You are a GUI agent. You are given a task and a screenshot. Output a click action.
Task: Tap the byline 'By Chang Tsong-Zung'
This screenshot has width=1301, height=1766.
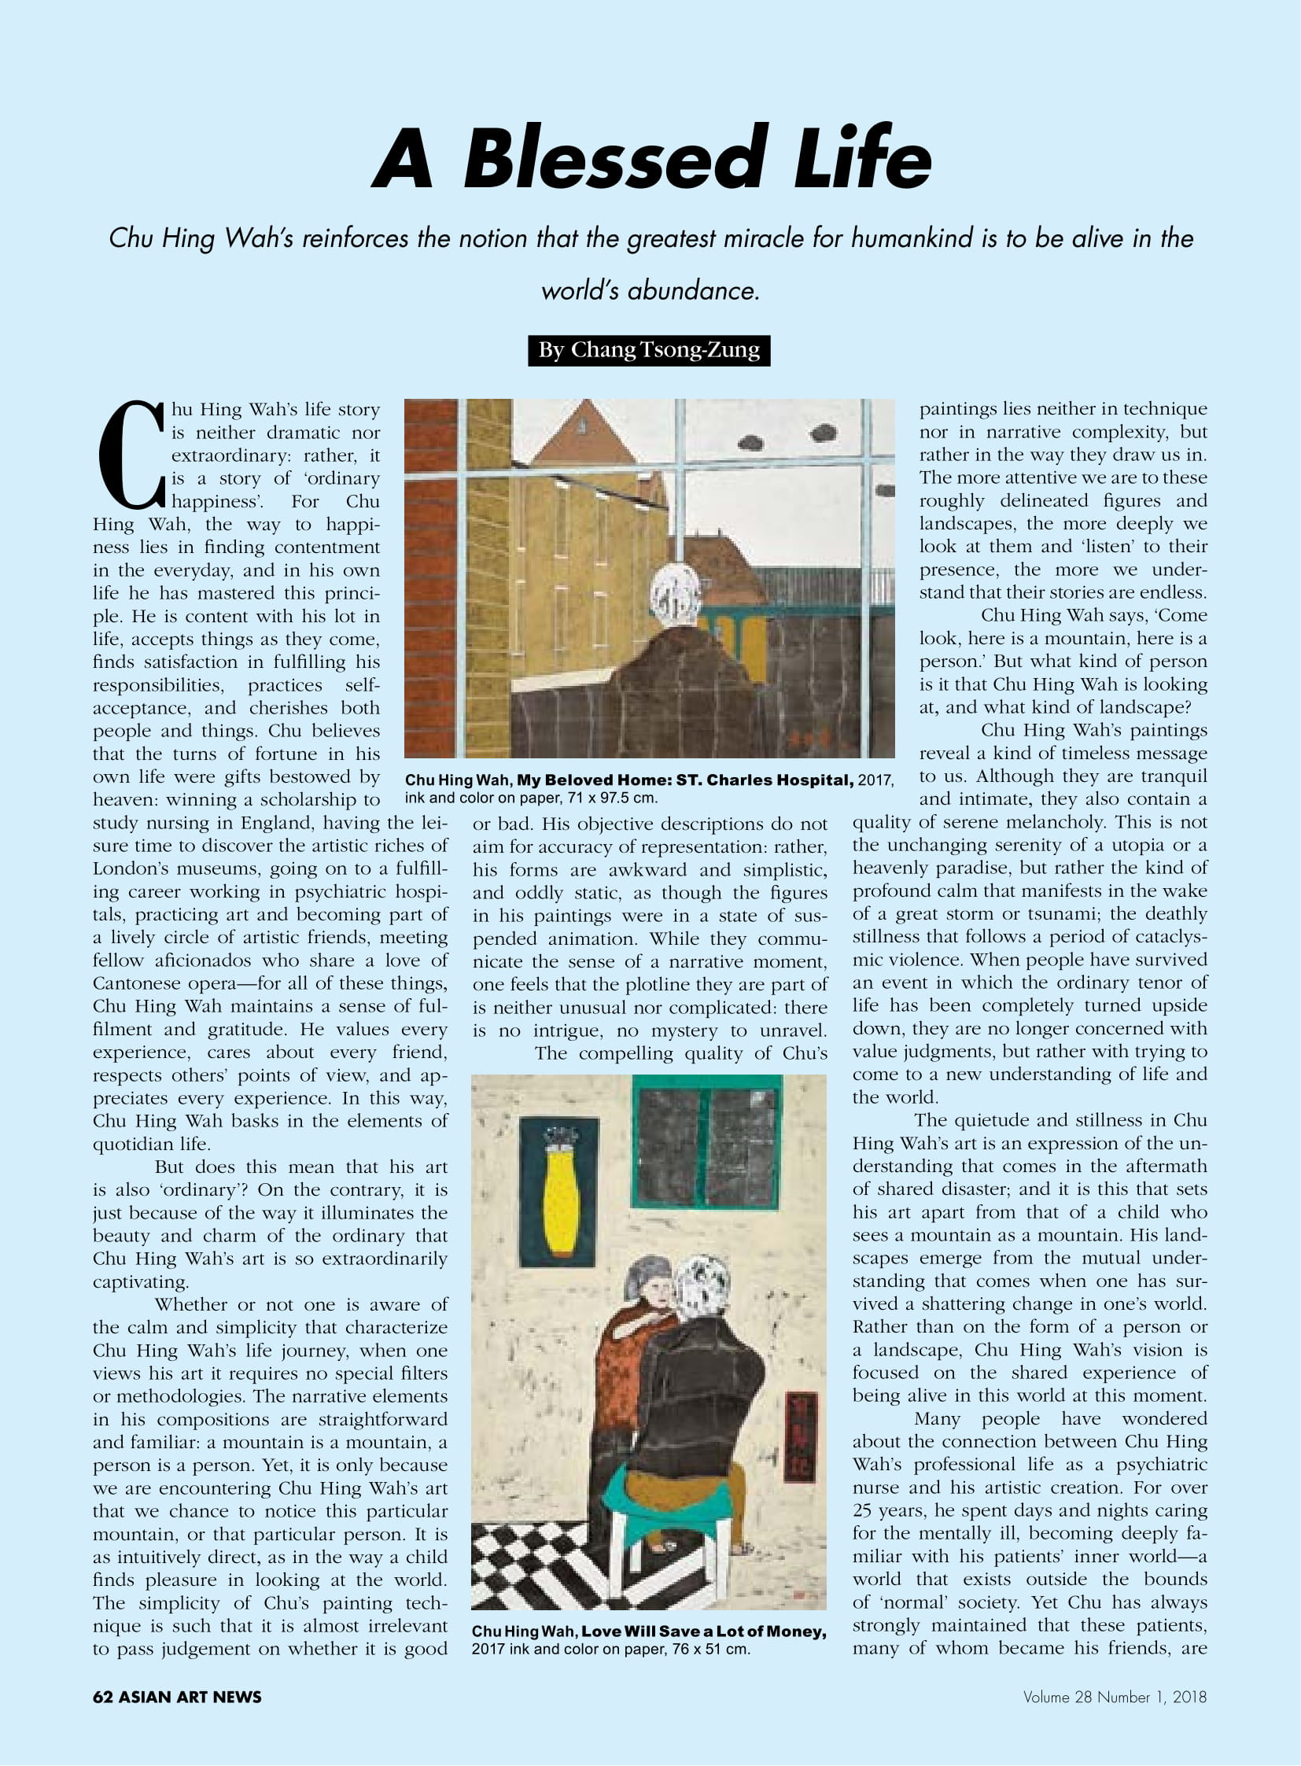(x=649, y=351)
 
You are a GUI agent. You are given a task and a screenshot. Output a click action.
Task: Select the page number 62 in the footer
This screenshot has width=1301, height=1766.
(x=102, y=1697)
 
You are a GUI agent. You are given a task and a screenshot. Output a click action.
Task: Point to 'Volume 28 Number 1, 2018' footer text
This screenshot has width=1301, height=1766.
(x=1115, y=1698)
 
